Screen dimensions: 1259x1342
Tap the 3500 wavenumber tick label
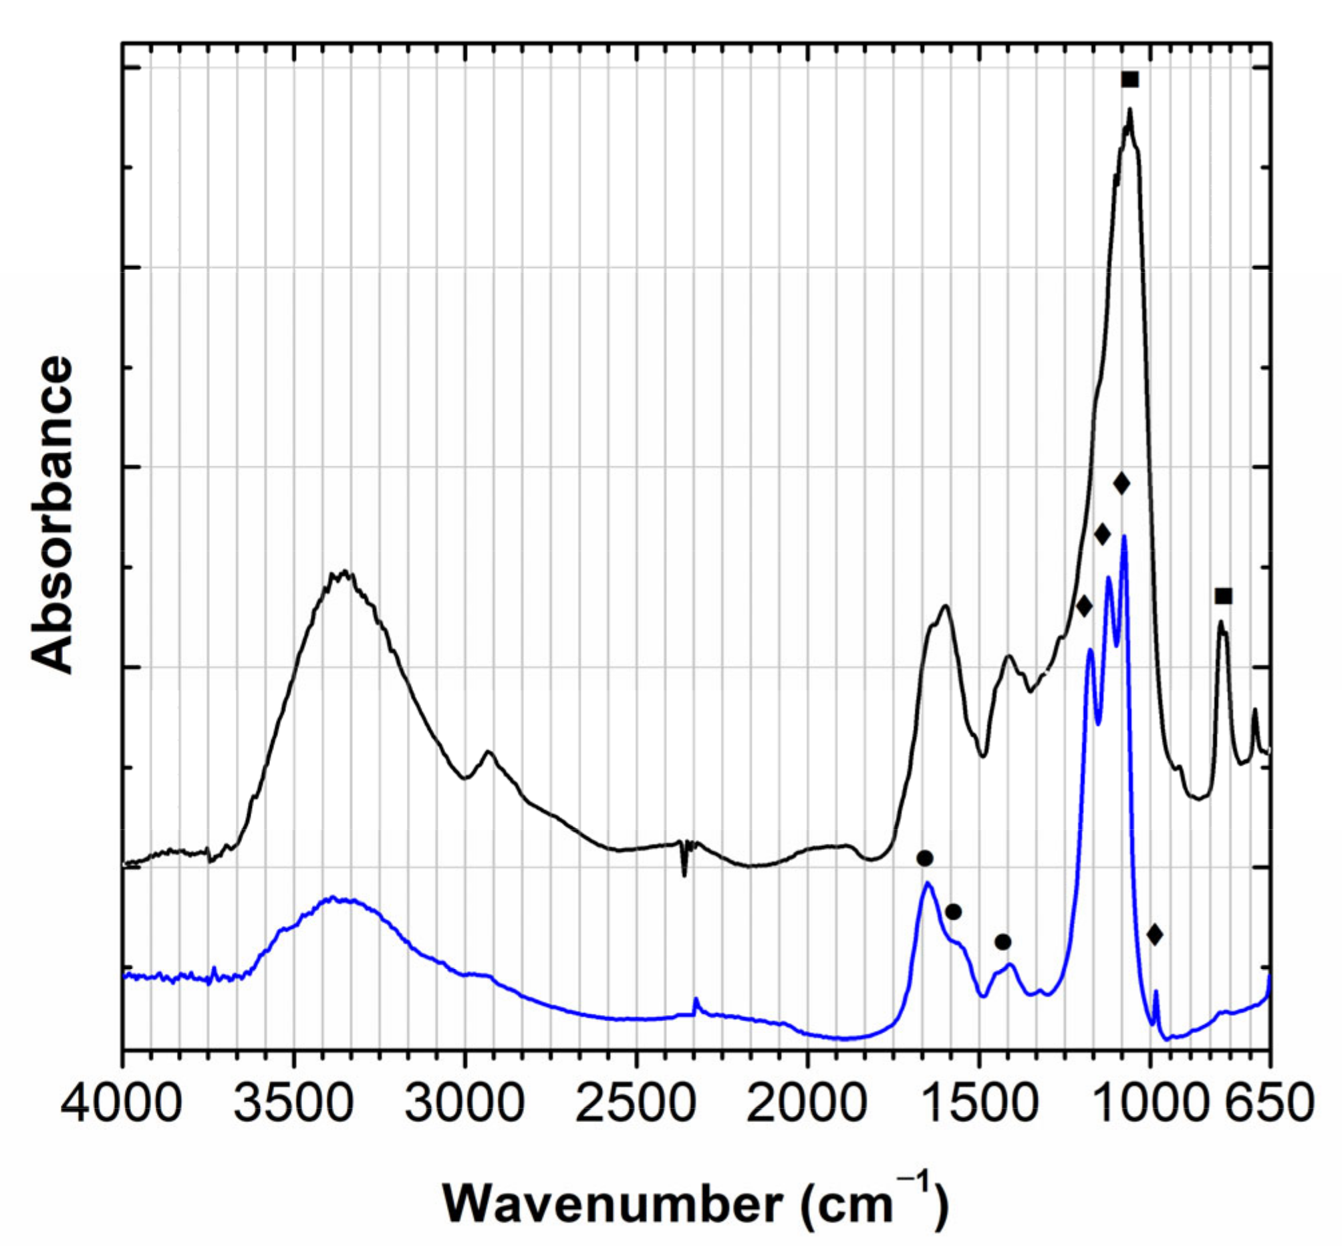click(x=293, y=1105)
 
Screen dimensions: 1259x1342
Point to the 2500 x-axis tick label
click(x=636, y=1105)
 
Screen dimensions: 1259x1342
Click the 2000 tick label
click(x=807, y=1105)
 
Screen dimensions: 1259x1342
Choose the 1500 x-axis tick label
click(x=979, y=1105)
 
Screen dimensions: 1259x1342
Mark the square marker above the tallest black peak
click(x=1130, y=80)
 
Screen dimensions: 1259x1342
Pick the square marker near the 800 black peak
click(x=1224, y=596)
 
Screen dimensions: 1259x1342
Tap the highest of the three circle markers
click(x=925, y=859)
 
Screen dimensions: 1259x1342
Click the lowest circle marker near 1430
click(x=1002, y=942)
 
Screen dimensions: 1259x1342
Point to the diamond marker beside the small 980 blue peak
click(x=1155, y=935)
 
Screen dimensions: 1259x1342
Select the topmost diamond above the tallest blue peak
click(x=1121, y=483)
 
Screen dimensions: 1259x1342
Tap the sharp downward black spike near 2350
click(x=684, y=875)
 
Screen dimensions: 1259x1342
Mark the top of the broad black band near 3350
click(x=345, y=573)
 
